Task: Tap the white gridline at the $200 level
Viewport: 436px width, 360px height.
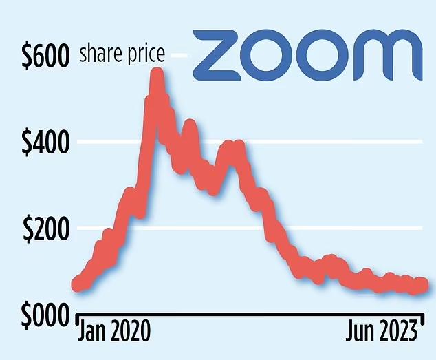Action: (344, 228)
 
